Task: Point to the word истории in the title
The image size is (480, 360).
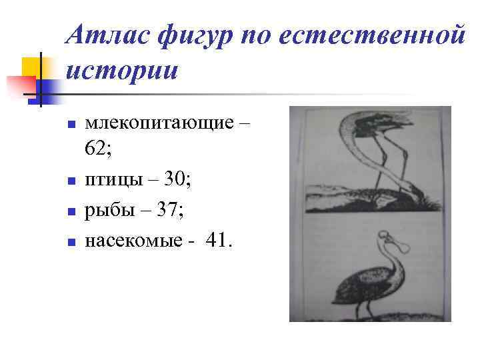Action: click(x=122, y=71)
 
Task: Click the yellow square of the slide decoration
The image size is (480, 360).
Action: click(x=32, y=67)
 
